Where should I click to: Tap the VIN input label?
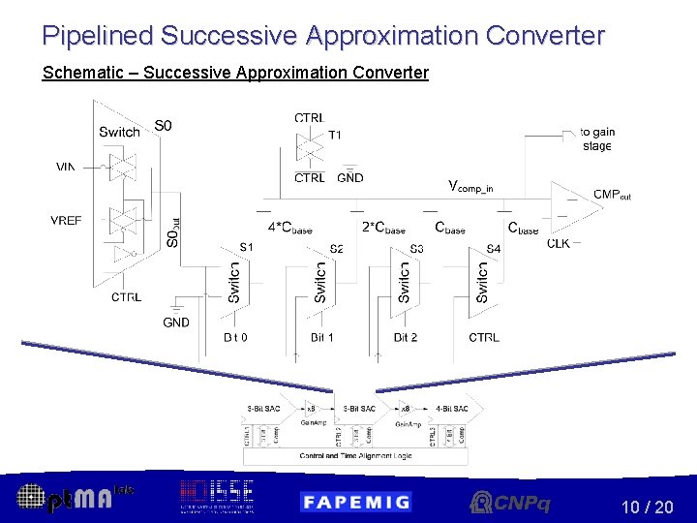click(65, 167)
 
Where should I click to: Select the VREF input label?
click(66, 221)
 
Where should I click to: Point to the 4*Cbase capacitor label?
click(289, 229)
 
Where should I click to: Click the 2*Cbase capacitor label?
click(383, 229)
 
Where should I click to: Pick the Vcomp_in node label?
click(471, 186)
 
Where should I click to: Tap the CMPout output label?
click(612, 195)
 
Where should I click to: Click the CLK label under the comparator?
click(558, 243)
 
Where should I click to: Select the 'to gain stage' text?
click(597, 138)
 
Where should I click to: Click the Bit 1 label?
click(322, 337)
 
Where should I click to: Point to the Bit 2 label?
click(405, 337)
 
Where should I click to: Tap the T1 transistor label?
click(335, 135)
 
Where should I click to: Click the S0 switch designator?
click(164, 125)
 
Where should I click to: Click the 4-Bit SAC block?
click(452, 409)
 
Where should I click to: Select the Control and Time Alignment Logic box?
click(355, 454)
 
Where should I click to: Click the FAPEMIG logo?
click(355, 501)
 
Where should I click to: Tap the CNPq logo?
click(509, 502)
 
